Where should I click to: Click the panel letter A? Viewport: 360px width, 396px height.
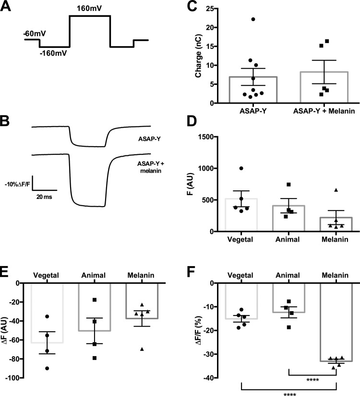[9, 10]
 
